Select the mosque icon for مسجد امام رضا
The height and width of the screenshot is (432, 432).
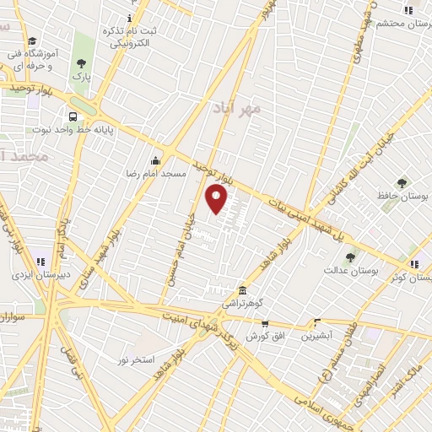click(155, 160)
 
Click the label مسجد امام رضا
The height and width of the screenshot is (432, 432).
click(156, 173)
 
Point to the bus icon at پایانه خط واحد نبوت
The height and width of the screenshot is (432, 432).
click(73, 117)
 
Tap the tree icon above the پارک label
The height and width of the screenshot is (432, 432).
click(81, 63)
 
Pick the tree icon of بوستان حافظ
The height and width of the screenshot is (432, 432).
click(401, 182)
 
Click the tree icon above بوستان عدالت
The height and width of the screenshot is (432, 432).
click(350, 256)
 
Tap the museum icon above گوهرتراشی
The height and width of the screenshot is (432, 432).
click(242, 289)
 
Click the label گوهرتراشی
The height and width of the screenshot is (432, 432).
click(242, 301)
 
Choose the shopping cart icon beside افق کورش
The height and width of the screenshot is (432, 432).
click(265, 323)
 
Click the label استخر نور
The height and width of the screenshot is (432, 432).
click(136, 359)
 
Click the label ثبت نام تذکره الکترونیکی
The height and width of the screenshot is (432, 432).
click(126, 35)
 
